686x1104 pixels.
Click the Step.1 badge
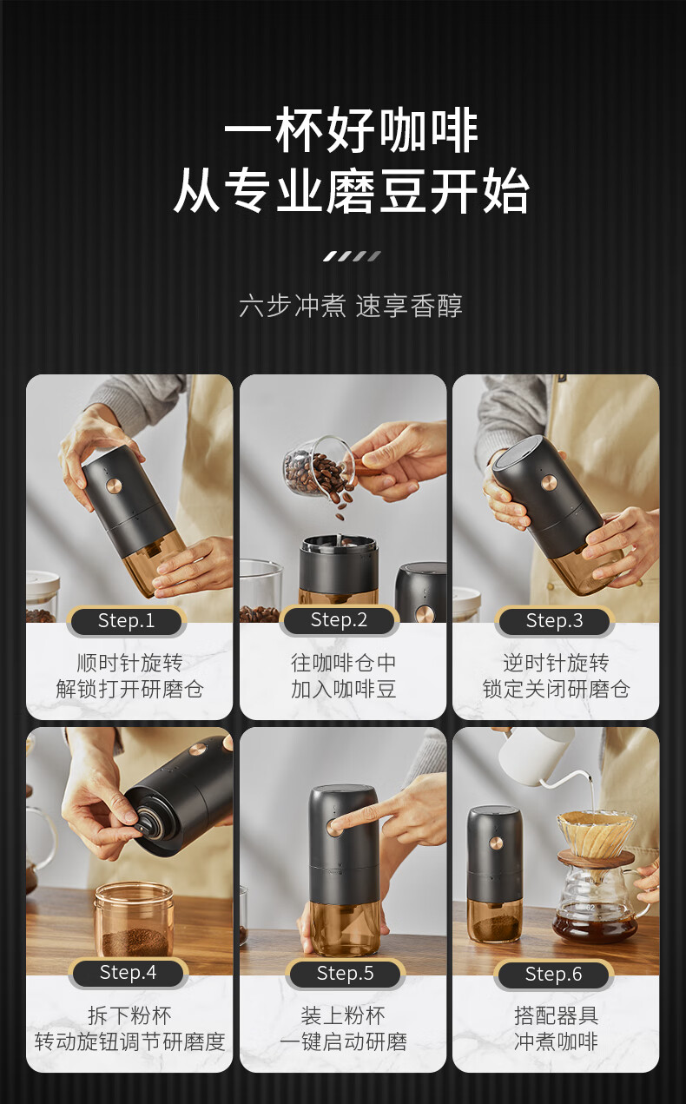click(127, 621)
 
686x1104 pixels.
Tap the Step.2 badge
click(340, 620)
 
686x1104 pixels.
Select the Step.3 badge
click(554, 621)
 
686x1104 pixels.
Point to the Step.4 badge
click(129, 973)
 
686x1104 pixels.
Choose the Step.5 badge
click(345, 974)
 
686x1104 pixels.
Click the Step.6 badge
click(554, 975)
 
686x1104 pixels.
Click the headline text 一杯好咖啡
click(351, 133)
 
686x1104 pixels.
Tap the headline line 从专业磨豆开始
click(351, 193)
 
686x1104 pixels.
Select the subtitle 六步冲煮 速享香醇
click(351, 306)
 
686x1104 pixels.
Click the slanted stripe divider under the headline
click(351, 256)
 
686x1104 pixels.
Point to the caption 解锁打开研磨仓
click(129, 690)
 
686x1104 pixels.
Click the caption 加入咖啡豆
click(343, 690)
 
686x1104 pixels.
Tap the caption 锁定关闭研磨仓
click(556, 690)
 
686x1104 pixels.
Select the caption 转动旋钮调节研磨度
click(129, 1041)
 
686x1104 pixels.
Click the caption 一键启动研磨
click(343, 1041)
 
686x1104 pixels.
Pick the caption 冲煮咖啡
click(556, 1041)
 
